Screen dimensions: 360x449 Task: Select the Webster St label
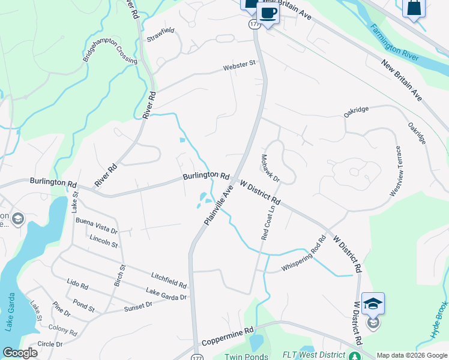click(240, 67)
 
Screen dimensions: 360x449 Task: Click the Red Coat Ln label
click(268, 221)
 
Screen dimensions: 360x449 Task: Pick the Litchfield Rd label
click(169, 278)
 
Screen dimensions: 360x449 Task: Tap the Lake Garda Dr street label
click(166, 293)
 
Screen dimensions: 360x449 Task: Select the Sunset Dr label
click(139, 306)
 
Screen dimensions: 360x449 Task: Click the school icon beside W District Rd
click(373, 304)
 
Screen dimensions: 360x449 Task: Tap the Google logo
click(20, 353)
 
